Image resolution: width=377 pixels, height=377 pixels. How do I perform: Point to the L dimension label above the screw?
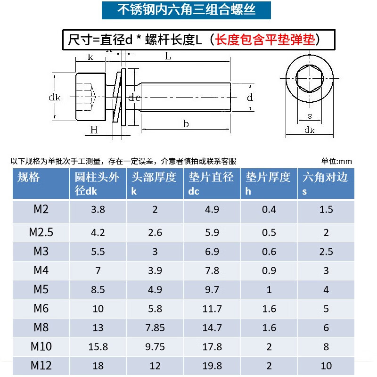(168, 56)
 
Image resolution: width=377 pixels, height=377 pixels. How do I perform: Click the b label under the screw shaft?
(186, 123)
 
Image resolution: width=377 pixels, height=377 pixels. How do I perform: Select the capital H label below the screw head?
(93, 130)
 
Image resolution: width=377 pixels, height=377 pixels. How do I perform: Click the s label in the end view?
(310, 115)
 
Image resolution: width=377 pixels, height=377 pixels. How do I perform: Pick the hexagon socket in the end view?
(310, 78)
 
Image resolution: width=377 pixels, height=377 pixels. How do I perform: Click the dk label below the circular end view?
(310, 130)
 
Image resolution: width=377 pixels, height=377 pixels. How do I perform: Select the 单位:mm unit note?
(336, 161)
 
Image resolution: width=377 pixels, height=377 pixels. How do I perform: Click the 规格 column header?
(29, 177)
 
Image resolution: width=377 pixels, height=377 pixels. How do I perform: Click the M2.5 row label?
(41, 232)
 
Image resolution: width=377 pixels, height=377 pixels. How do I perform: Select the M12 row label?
(41, 365)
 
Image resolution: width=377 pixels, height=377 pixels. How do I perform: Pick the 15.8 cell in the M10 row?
(98, 347)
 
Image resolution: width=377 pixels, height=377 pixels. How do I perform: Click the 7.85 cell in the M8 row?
(155, 328)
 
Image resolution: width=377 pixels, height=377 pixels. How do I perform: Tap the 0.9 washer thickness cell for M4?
(269, 270)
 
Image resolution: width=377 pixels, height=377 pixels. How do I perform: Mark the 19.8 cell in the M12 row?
(212, 366)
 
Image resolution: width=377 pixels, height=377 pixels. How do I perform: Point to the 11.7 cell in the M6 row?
(212, 309)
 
